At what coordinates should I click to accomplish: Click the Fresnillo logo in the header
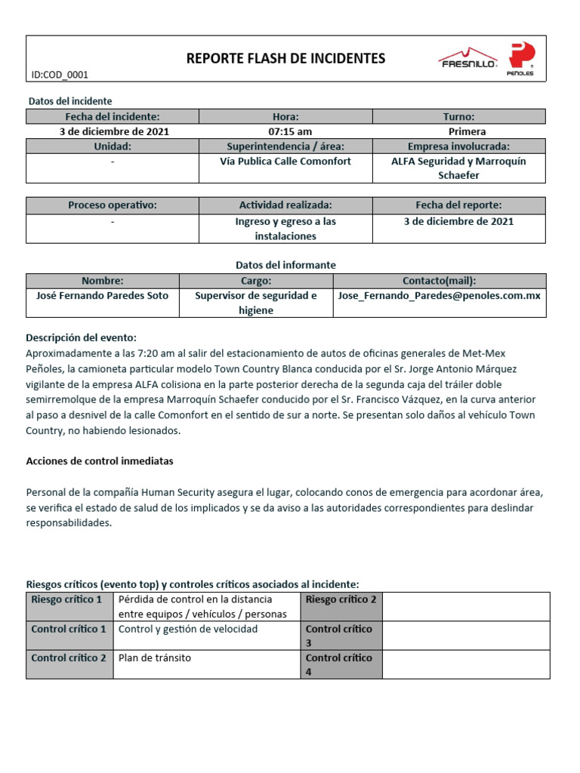pyautogui.click(x=467, y=59)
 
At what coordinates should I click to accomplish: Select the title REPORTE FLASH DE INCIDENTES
pyautogui.click(x=285, y=58)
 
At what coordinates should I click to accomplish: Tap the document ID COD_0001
pyautogui.click(x=60, y=75)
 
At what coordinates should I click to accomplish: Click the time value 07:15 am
pyautogui.click(x=285, y=131)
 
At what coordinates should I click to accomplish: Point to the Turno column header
pyautogui.click(x=458, y=116)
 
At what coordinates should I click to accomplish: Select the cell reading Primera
pyautogui.click(x=458, y=131)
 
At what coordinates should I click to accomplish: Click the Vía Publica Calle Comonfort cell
pyautogui.click(x=285, y=162)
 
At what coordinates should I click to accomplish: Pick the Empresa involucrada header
pyautogui.click(x=458, y=146)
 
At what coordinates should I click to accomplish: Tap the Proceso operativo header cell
pyautogui.click(x=113, y=205)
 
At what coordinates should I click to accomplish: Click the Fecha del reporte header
pyautogui.click(x=458, y=205)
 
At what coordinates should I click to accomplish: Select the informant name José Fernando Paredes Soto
pyautogui.click(x=103, y=296)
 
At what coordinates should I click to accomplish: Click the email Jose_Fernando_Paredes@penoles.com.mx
pyautogui.click(x=439, y=296)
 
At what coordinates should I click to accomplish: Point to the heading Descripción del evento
pyautogui.click(x=82, y=337)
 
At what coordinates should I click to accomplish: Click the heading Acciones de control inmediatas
pyautogui.click(x=100, y=460)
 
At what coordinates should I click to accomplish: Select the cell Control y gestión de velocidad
pyautogui.click(x=188, y=629)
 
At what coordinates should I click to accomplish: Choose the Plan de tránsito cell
pyautogui.click(x=155, y=658)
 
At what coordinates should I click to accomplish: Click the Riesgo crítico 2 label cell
pyautogui.click(x=341, y=599)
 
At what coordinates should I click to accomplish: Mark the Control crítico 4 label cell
pyautogui.click(x=341, y=664)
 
